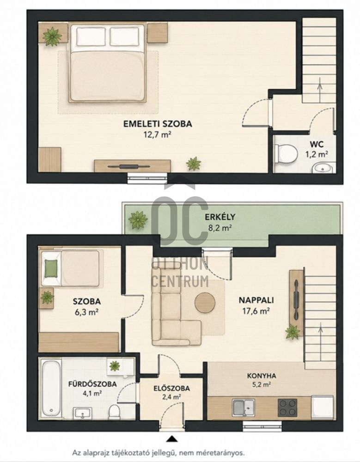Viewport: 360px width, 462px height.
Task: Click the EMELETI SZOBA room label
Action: click(158, 124)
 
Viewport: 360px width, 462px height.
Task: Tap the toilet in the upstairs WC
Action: click(286, 153)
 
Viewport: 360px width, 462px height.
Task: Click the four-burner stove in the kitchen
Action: click(287, 407)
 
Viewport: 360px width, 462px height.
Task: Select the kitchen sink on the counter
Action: click(244, 408)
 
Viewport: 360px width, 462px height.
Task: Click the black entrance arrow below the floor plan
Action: click(172, 439)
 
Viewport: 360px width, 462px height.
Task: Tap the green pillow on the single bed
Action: click(51, 269)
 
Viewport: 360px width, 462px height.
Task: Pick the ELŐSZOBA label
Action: click(171, 389)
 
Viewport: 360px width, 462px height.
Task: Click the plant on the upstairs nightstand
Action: click(53, 36)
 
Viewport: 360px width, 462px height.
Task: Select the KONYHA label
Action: click(262, 376)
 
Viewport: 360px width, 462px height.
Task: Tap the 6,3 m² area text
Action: click(87, 312)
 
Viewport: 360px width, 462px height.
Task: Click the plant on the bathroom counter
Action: click(115, 366)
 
